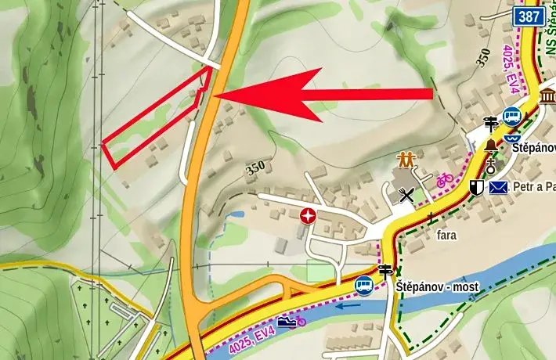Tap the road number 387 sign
529,15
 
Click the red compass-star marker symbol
310,215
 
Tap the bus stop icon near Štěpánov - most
364,285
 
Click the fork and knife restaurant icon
406,194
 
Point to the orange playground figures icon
405,160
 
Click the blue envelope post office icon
499,187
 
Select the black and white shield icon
476,187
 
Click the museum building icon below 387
547,96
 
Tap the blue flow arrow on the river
350,305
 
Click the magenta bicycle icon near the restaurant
444,179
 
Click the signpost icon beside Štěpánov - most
385,272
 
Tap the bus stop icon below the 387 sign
512,116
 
